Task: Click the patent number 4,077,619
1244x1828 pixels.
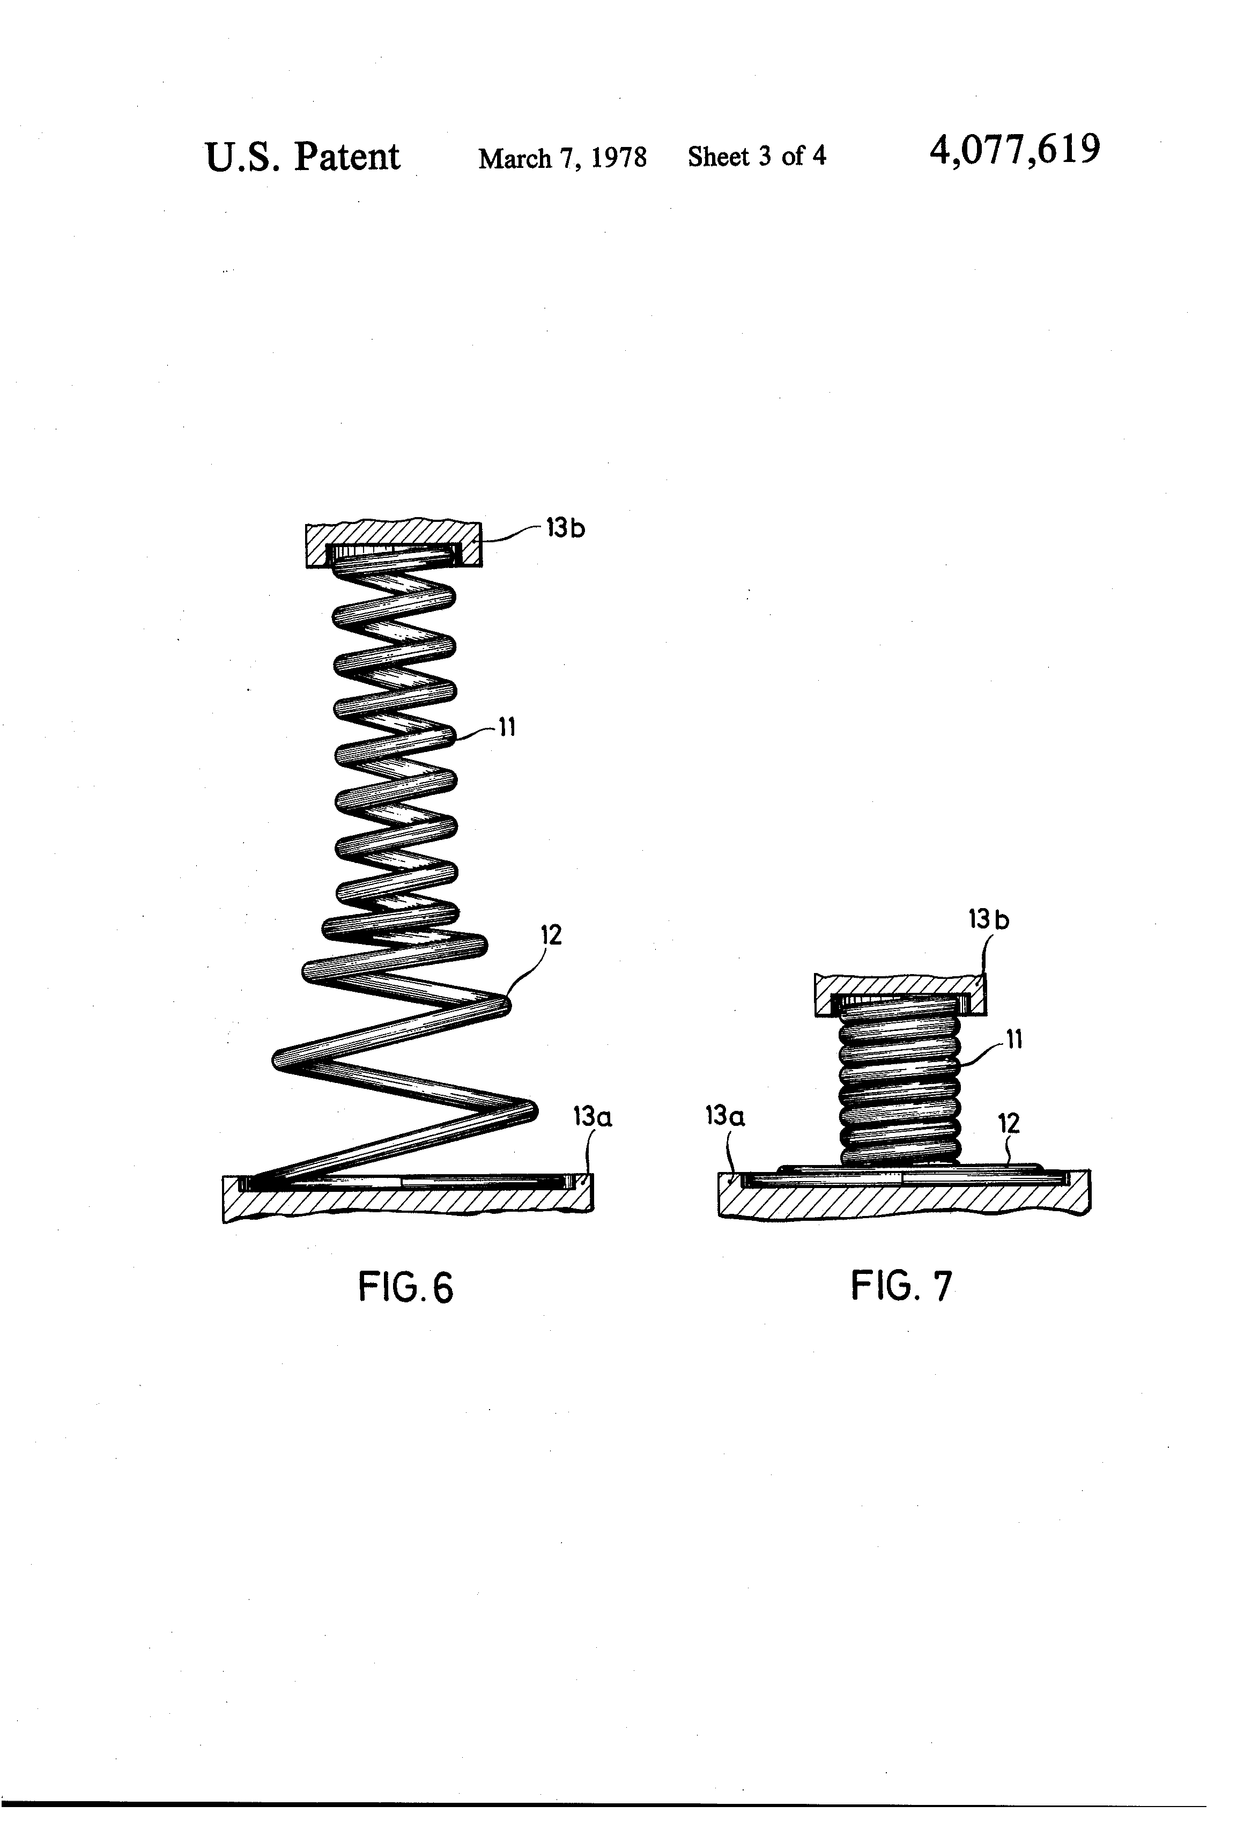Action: pyautogui.click(x=1015, y=150)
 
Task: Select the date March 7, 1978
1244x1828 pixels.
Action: pyautogui.click(x=562, y=158)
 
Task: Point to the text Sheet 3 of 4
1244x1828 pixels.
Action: pyautogui.click(x=757, y=157)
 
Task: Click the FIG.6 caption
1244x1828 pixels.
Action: pyautogui.click(x=406, y=1288)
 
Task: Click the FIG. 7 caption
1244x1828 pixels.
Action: pyautogui.click(x=901, y=1286)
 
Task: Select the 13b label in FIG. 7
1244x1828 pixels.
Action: pyautogui.click(x=988, y=919)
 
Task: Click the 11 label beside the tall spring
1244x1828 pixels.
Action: pyautogui.click(x=506, y=727)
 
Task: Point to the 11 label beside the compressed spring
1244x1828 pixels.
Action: pyautogui.click(x=1015, y=1040)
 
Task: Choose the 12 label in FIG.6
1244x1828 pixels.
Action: pyautogui.click(x=551, y=935)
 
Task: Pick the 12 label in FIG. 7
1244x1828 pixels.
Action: pyautogui.click(x=1009, y=1123)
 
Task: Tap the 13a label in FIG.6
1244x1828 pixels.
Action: pyautogui.click(x=592, y=1116)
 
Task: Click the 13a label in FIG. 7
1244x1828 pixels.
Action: pyautogui.click(x=725, y=1115)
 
